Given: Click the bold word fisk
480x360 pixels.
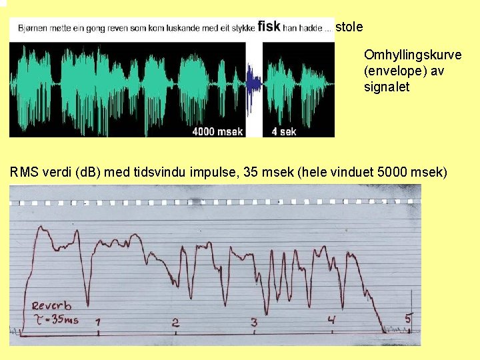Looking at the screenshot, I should tap(269, 27).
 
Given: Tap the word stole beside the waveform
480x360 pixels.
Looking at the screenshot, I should tap(350, 27).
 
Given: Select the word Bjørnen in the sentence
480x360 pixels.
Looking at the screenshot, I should tap(33, 28).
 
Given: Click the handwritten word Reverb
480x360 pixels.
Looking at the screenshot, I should tap(52, 306).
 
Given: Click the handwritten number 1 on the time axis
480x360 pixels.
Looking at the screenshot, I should tap(97, 323).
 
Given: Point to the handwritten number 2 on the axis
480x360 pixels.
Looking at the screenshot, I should tap(175, 323).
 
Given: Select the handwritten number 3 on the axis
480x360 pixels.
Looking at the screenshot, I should tap(253, 323).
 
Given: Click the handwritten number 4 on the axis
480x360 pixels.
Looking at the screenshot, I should tap(331, 321).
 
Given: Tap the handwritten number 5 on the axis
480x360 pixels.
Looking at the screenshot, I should tap(409, 319).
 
